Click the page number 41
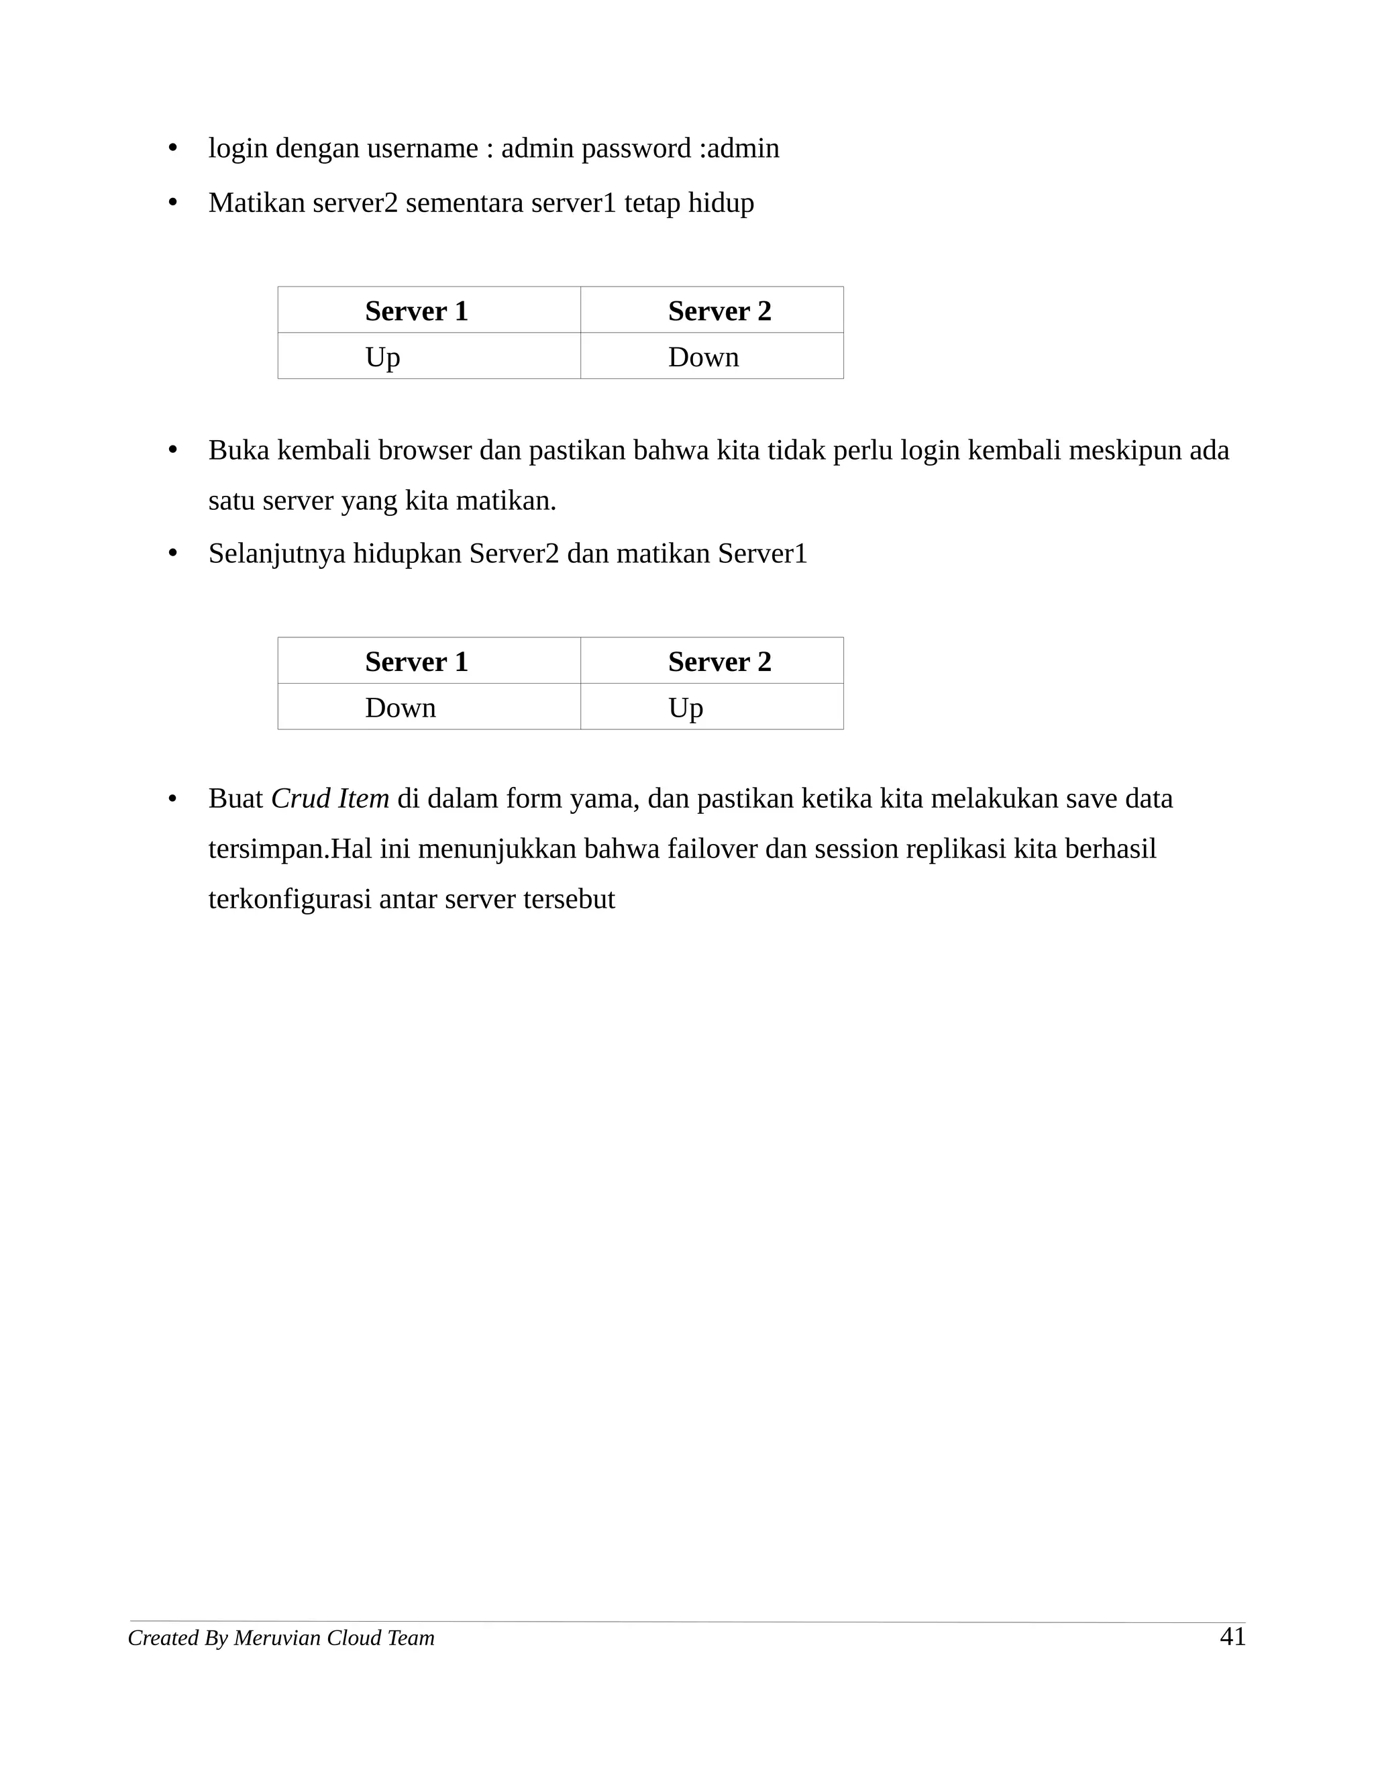point(1232,1636)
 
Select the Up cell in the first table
point(382,358)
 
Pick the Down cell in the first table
point(703,358)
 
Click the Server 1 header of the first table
point(416,311)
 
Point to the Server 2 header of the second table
point(720,662)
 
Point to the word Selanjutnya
point(277,554)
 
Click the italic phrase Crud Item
point(329,798)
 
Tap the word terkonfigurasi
point(290,900)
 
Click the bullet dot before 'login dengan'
point(172,149)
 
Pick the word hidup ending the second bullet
point(721,203)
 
